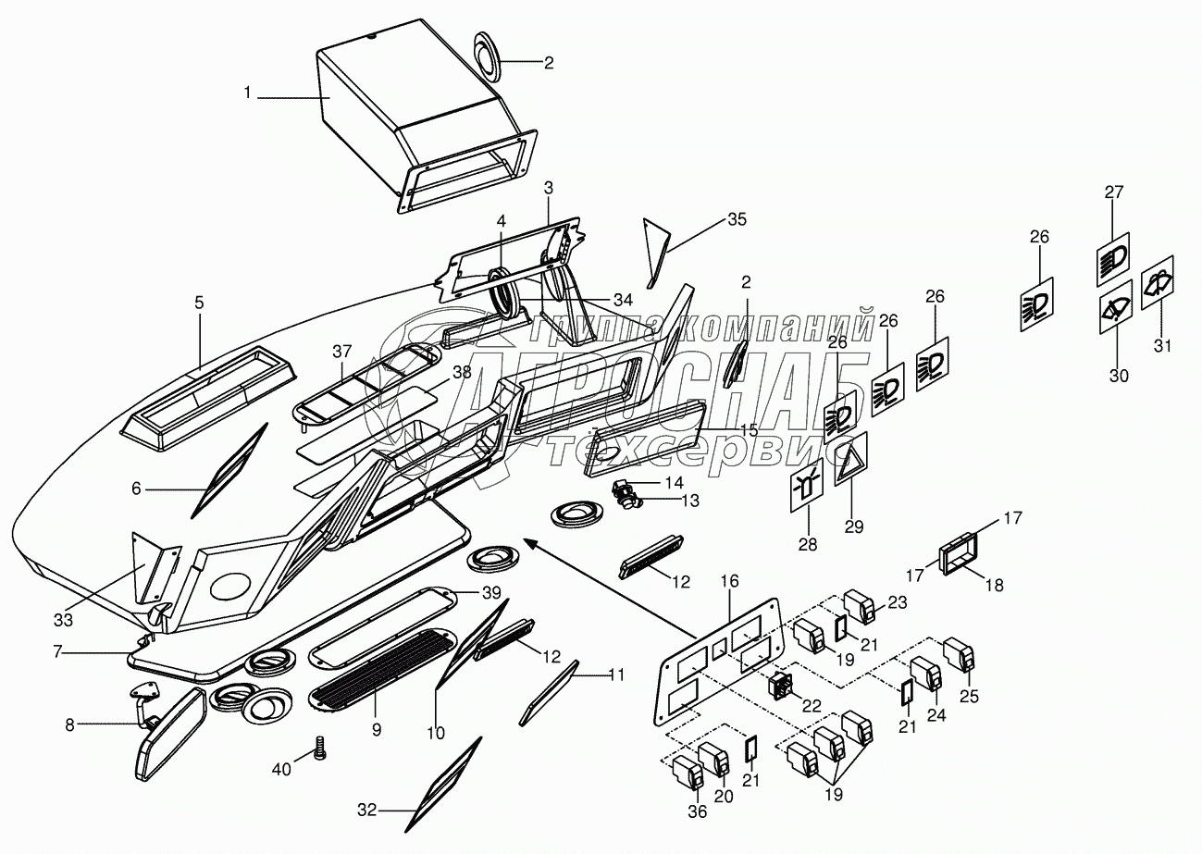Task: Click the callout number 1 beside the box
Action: (x=247, y=92)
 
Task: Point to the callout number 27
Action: (x=1113, y=192)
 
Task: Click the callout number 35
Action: (x=737, y=218)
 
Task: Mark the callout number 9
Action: (x=377, y=729)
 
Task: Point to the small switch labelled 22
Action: (x=779, y=687)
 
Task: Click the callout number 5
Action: (x=199, y=302)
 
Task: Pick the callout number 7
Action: (x=57, y=652)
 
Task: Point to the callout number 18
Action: (x=993, y=586)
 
